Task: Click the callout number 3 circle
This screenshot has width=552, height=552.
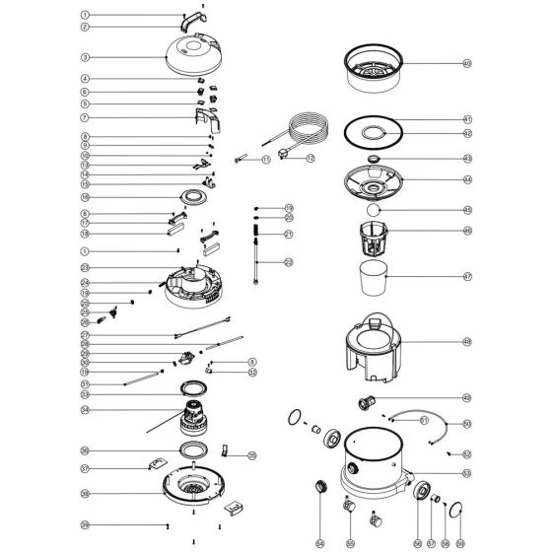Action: pos(86,58)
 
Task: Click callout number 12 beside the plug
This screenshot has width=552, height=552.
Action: pos(310,158)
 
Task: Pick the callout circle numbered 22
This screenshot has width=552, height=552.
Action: pos(288,261)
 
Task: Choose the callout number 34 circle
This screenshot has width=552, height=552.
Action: pos(86,409)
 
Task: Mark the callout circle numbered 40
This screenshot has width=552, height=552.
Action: pos(467,63)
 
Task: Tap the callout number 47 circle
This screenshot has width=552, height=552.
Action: pos(467,277)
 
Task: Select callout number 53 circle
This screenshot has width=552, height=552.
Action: pos(467,473)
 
